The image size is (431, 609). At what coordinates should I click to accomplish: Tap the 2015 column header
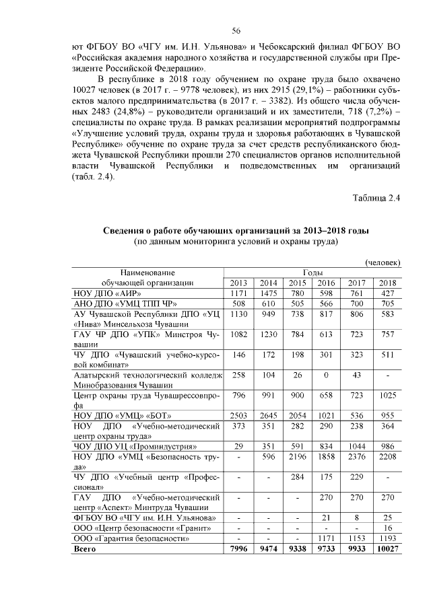tap(297, 282)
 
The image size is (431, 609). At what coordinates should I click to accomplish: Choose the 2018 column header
tap(387, 282)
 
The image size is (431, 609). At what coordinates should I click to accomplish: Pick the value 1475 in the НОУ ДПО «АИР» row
tap(268, 293)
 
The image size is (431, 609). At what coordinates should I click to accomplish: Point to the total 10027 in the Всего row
tap(387, 548)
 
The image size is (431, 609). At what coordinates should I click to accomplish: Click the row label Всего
tap(85, 548)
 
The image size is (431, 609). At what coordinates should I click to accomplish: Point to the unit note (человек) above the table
tap(383, 261)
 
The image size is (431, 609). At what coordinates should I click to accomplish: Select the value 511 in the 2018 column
tap(387, 353)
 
